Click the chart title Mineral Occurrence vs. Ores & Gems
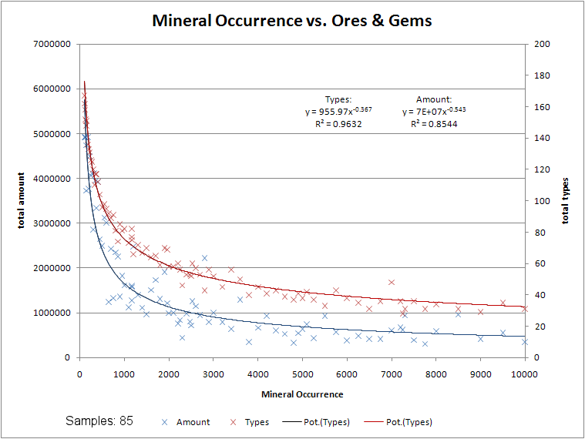292,21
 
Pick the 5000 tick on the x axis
302,374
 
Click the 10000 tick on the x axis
525,374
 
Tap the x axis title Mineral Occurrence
302,394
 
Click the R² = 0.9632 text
338,123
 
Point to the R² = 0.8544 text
434,123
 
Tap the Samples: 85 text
99,421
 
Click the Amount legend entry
192,422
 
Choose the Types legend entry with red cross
256,422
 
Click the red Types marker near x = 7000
392,282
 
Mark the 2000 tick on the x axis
169,374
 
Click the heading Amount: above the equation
434,99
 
